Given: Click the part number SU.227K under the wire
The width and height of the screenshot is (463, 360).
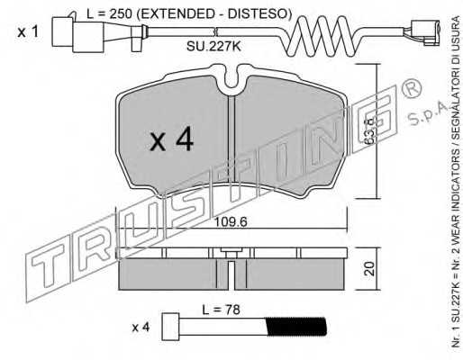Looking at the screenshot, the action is pos(213,47).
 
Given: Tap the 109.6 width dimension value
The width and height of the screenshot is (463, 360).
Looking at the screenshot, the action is pos(231,222).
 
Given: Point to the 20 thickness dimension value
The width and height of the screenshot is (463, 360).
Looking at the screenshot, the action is pos(369,269).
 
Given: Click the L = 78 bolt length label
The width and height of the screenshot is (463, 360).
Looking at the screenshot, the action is pos(221,310).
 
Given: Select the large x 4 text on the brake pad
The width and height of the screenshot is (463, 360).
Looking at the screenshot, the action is pos(172,139).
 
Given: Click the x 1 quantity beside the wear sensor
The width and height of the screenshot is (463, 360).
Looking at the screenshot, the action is pos(28,31).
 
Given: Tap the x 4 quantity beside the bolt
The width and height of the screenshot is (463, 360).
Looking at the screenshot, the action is pos(141,328).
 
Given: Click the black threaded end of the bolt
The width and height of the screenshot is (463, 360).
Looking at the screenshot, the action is pos(296,327).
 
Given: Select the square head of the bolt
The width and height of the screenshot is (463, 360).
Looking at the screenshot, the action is pos(170,327).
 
